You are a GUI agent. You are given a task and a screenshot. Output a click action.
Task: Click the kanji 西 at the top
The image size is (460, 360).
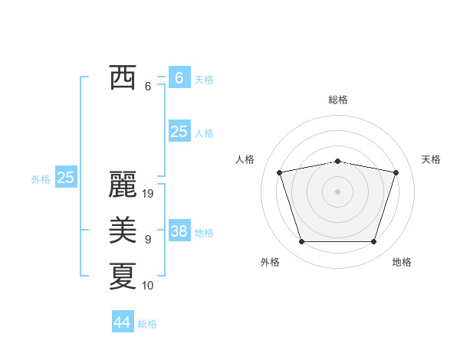click(122, 77)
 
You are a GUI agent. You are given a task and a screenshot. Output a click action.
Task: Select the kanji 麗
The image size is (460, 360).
click(122, 185)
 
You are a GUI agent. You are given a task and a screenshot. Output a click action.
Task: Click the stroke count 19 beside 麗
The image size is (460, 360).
click(149, 194)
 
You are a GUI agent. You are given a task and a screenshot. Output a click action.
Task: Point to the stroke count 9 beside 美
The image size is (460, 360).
click(148, 240)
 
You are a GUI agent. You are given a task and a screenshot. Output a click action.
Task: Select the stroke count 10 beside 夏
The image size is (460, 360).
click(149, 286)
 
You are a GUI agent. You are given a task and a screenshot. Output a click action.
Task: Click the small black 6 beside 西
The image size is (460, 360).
click(148, 87)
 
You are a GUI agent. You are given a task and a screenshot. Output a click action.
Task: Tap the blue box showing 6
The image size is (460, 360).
click(179, 77)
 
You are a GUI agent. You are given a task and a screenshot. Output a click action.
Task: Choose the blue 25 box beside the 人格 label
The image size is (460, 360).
click(179, 132)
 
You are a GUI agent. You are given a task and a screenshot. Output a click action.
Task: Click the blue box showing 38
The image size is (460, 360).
click(179, 231)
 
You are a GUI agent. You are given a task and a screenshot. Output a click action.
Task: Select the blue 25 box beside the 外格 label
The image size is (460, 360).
click(65, 178)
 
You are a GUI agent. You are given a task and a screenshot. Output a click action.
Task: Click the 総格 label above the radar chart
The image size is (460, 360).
click(338, 100)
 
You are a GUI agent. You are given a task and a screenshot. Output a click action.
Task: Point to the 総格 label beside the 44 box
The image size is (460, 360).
click(148, 324)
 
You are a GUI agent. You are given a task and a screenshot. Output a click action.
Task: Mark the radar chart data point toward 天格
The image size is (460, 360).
click(396, 172)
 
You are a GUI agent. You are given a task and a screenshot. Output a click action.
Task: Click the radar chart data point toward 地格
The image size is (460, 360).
click(374, 242)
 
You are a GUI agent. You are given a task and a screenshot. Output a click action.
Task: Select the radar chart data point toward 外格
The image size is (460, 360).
click(301, 242)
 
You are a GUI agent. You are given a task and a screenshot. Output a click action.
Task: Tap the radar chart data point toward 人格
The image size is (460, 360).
click(279, 172)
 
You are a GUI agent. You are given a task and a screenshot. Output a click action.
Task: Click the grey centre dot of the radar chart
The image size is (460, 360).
click(338, 191)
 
